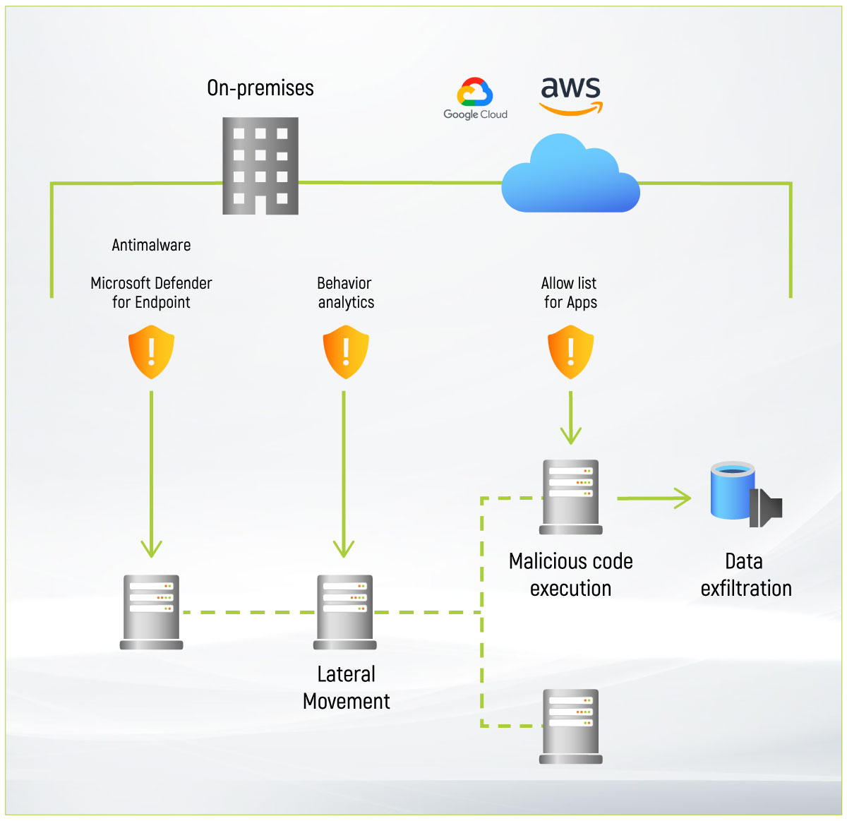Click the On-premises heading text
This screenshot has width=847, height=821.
coord(260,88)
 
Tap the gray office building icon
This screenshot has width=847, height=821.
coord(260,166)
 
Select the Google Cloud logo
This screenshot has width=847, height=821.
coord(475,99)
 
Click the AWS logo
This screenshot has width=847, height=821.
coord(571,95)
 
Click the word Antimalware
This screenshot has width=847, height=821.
coord(151,245)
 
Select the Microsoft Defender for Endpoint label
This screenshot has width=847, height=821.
coord(151,292)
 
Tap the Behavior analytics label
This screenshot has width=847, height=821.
coord(345,292)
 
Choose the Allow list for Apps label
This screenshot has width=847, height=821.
coord(570,292)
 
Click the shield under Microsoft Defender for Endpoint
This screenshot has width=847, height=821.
coord(151,352)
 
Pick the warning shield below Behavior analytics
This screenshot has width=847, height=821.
coord(345,352)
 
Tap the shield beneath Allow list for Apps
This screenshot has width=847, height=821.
coord(570,352)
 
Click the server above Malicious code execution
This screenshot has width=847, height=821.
coord(570,497)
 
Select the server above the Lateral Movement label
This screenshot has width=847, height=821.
coord(345,611)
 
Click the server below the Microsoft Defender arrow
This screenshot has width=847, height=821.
coord(151,611)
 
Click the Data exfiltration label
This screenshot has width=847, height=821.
coord(745,575)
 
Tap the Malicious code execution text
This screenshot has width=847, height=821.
coord(570,575)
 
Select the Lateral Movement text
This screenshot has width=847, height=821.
coord(346,688)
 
